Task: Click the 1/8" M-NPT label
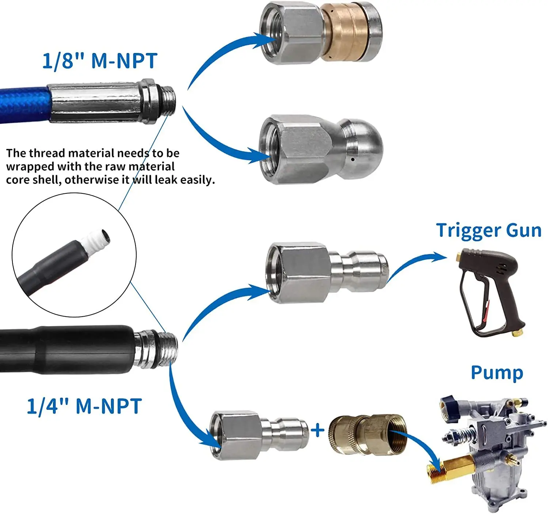click(100, 61)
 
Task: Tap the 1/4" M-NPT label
click(84, 406)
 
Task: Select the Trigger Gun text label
click(488, 230)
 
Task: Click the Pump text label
click(496, 373)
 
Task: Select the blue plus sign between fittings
click(317, 430)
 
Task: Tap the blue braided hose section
click(24, 104)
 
